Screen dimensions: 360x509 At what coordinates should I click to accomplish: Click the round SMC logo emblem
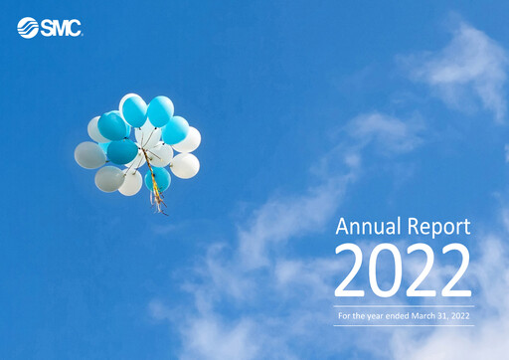pos(28,28)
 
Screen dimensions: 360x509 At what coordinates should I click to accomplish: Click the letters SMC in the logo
pos(61,28)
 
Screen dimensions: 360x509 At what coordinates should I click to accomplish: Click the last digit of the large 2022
pos(454,270)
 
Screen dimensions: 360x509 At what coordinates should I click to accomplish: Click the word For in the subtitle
pos(344,316)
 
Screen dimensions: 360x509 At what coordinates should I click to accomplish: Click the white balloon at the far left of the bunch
pos(89,155)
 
